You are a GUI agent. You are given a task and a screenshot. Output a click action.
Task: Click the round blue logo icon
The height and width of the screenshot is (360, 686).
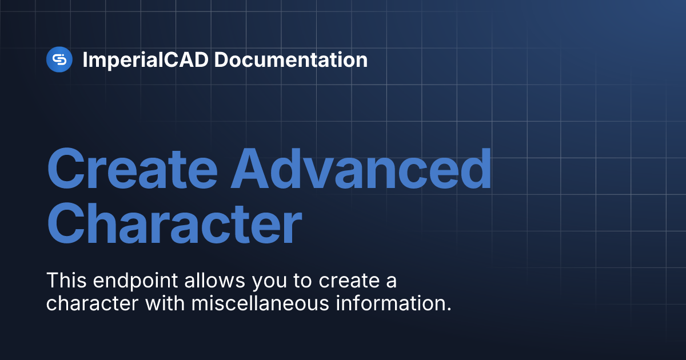(59, 59)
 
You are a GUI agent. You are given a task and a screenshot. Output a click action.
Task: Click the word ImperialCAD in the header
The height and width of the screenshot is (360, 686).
(146, 60)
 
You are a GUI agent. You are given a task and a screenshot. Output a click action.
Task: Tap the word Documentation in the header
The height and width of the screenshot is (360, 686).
(291, 59)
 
